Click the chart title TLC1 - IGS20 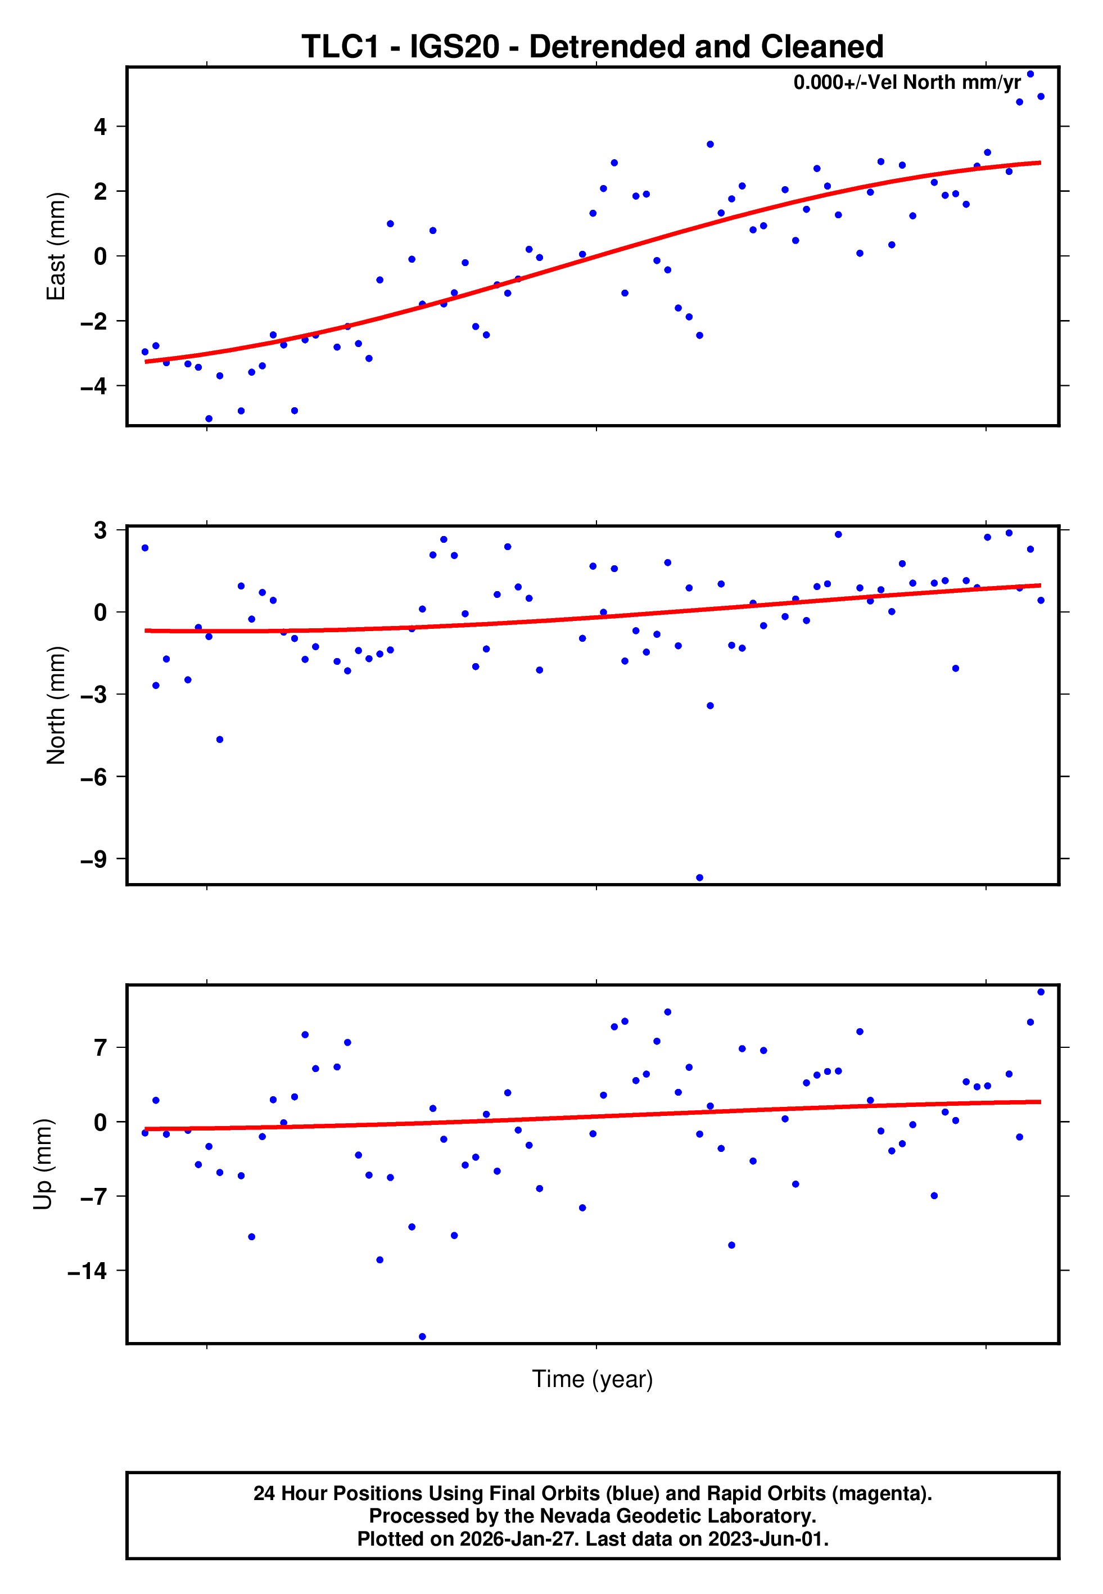coord(593,47)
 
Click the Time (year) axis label coord(593,1379)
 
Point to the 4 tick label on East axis coord(101,127)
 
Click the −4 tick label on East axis coord(94,386)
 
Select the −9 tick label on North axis coord(94,859)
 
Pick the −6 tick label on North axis coord(94,777)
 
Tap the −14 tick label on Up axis coord(88,1271)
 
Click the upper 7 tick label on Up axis coord(101,1048)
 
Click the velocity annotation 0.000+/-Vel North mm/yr coord(907,83)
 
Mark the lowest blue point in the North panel coord(699,878)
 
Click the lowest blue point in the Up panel coord(422,1337)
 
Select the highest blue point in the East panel coord(1030,74)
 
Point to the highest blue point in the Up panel coord(1041,992)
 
